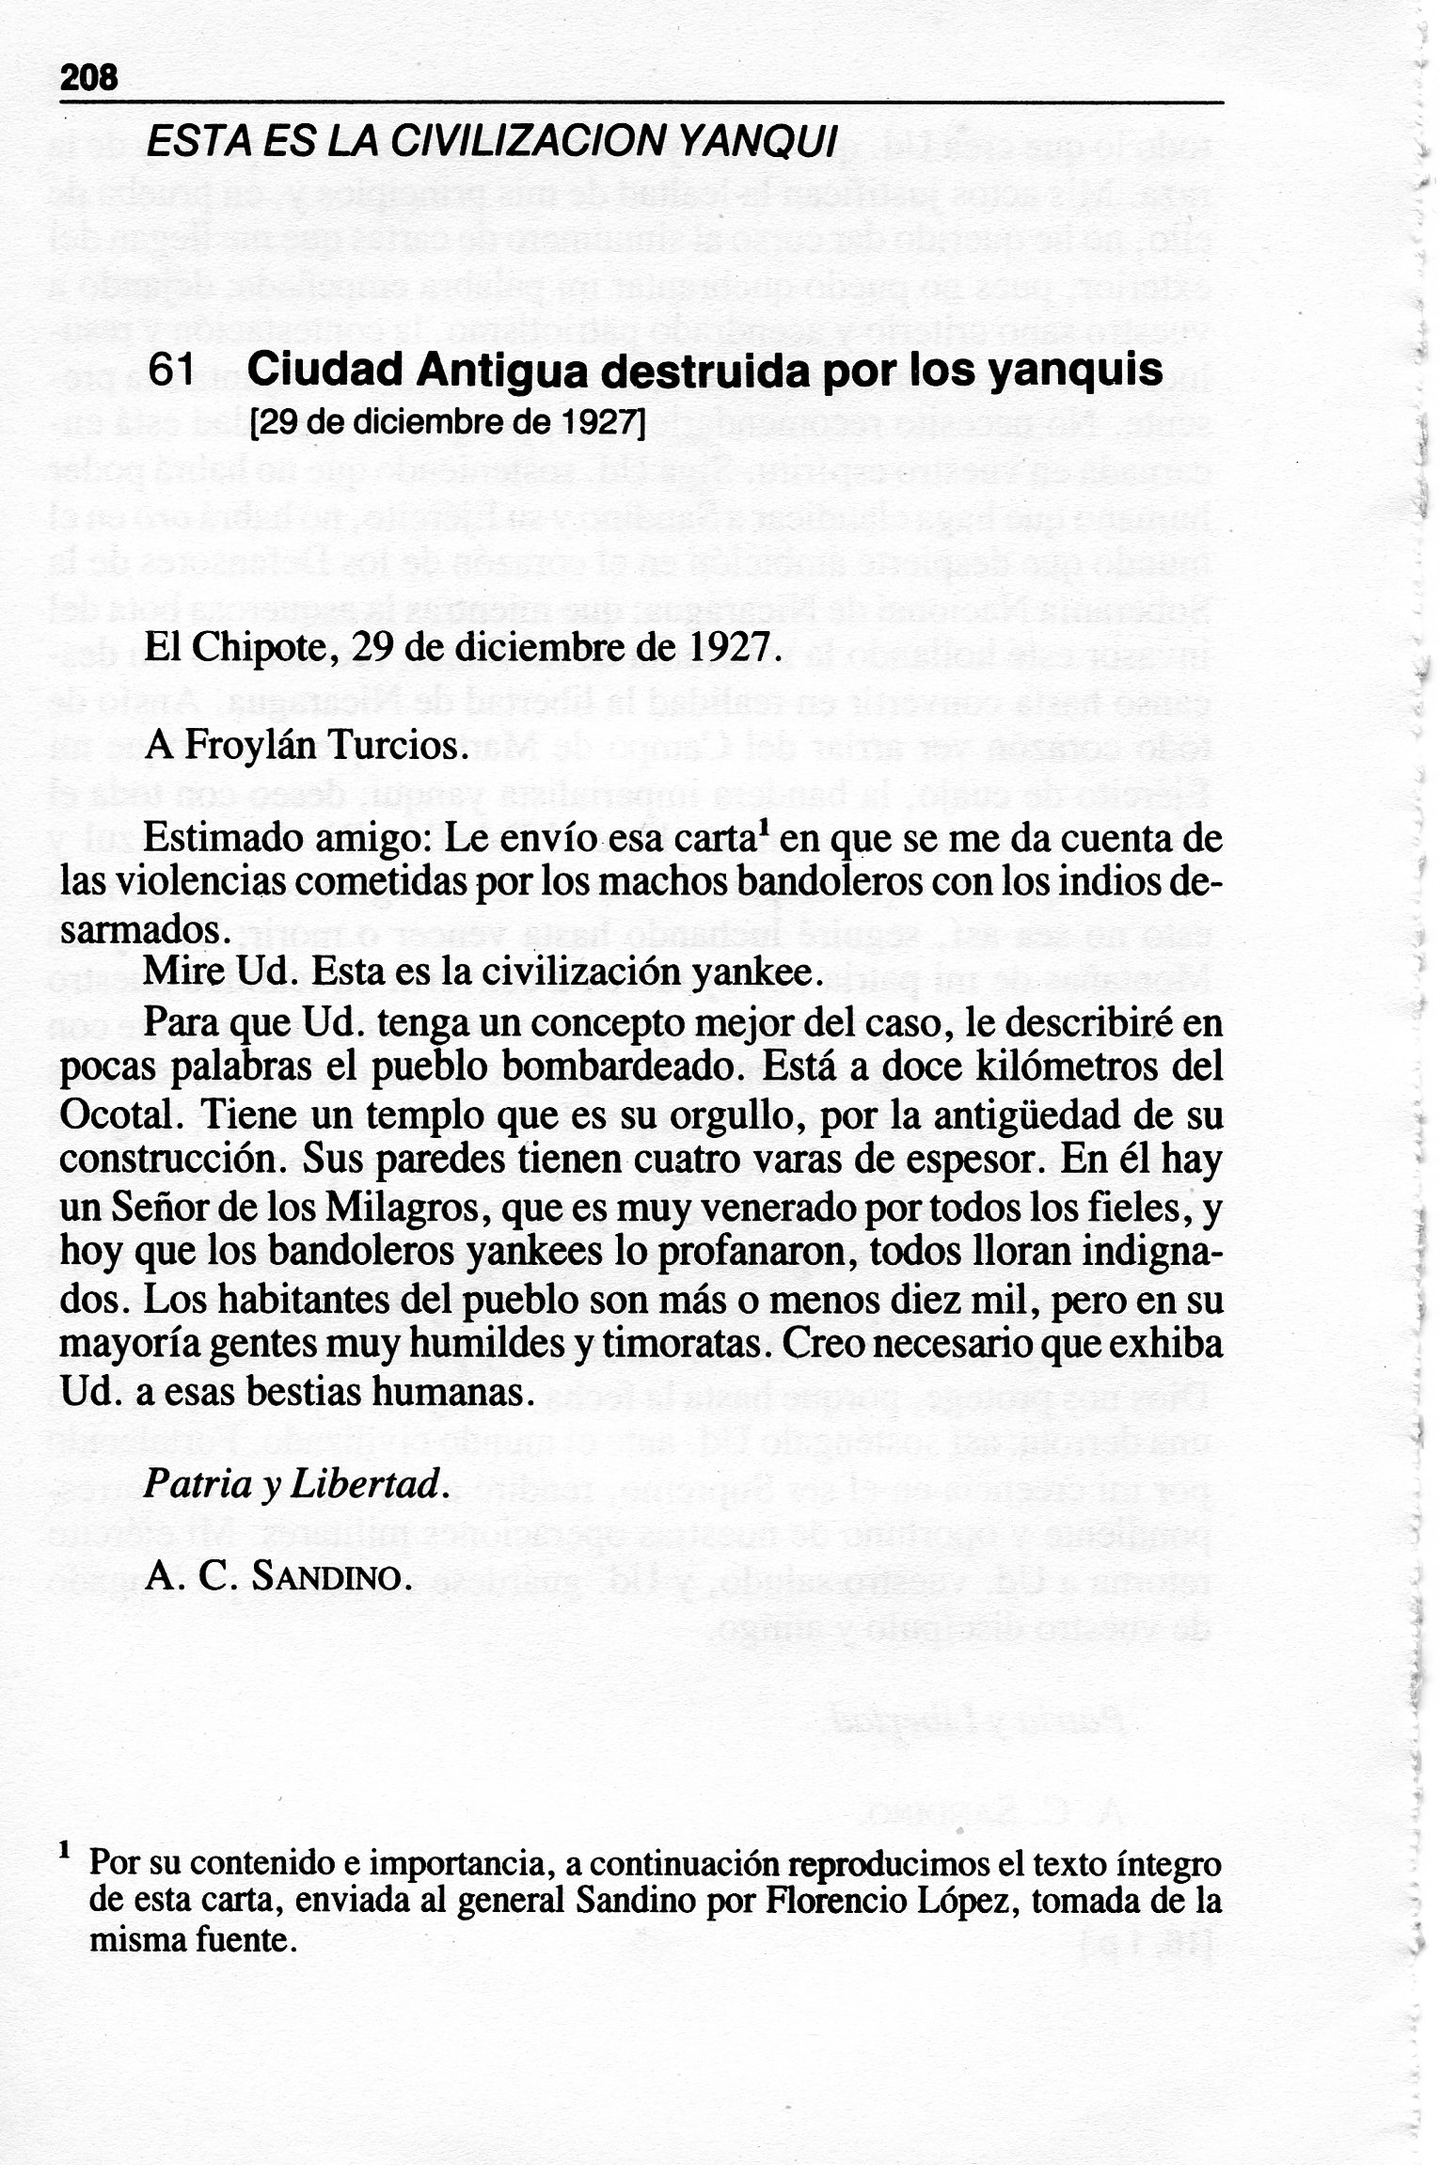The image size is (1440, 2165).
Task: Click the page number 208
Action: click(88, 77)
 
